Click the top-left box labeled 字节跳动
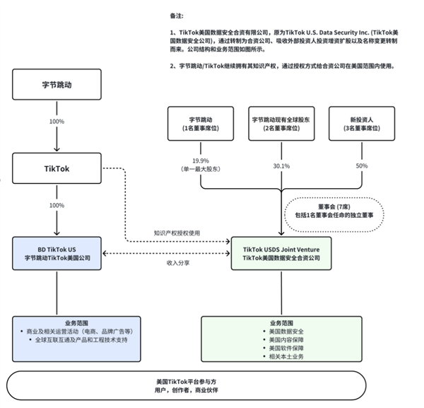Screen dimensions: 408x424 point(57,83)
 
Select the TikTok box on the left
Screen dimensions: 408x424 point(57,169)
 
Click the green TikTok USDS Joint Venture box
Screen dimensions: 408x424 point(281,254)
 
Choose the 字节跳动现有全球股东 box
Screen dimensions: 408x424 point(281,124)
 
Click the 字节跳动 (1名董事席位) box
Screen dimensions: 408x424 point(200,124)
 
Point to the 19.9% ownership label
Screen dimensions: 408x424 point(201,161)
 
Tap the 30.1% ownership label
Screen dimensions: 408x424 point(281,166)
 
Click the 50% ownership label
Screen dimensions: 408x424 point(362,165)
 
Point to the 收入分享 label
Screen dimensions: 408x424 point(177,262)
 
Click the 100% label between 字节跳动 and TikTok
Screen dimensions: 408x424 point(57,122)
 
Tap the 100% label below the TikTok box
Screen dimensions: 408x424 point(57,206)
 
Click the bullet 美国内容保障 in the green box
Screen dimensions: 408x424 point(283,339)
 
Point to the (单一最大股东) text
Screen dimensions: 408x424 point(201,170)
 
